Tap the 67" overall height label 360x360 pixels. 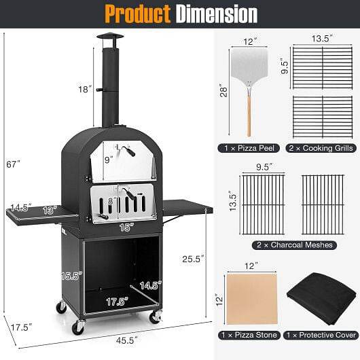pos(14,164)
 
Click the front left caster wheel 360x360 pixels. pos(77,327)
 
